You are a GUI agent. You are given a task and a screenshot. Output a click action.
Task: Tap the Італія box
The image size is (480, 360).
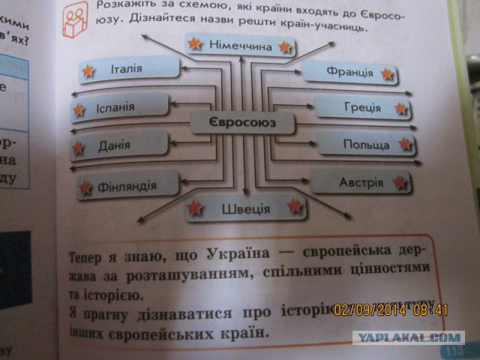click(x=129, y=70)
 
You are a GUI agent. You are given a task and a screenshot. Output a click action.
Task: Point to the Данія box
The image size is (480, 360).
click(x=120, y=145)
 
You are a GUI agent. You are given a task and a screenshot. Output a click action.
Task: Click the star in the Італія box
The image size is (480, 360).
click(x=88, y=71)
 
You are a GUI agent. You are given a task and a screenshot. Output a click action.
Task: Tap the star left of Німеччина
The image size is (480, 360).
click(x=195, y=43)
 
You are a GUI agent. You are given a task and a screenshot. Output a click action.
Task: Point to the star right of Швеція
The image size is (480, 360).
click(x=295, y=205)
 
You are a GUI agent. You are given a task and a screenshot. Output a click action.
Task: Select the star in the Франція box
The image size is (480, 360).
click(x=388, y=73)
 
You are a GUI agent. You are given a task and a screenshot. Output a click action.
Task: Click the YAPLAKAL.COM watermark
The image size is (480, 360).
click(x=409, y=337)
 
